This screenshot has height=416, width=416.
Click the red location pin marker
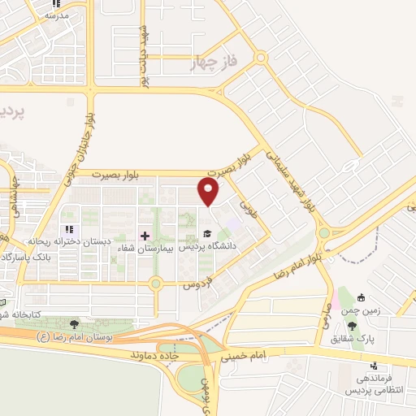click(208, 193)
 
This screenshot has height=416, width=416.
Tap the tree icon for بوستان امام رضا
click(76, 324)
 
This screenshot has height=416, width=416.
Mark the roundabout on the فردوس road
click(155, 284)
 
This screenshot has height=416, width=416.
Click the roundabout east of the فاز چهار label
click(260, 58)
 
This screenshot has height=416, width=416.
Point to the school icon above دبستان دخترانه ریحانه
click(69, 230)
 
